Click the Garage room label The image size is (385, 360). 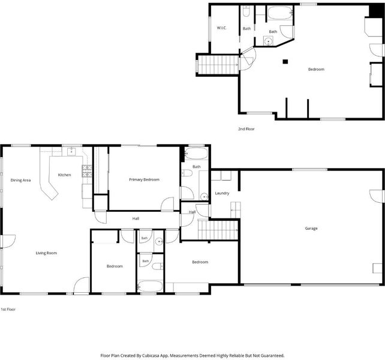[x=311, y=228]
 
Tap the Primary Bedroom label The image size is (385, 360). [x=144, y=179]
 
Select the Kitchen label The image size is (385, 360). [x=64, y=175]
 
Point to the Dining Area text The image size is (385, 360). [x=20, y=181]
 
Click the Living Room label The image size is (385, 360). [x=46, y=253]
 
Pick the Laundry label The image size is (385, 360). [x=222, y=193]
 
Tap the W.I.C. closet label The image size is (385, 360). [x=221, y=28]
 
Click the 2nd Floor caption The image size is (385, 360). [x=246, y=129]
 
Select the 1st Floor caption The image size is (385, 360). [x=8, y=310]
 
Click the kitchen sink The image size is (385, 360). [x=71, y=152]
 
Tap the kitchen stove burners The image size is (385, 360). [x=87, y=171]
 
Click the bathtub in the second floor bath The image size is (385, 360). [x=280, y=13]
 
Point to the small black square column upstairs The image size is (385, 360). [x=285, y=61]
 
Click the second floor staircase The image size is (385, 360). [x=218, y=65]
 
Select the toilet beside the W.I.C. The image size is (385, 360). [x=246, y=11]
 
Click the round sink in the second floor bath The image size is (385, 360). [x=269, y=41]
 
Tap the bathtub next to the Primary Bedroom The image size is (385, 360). [x=196, y=154]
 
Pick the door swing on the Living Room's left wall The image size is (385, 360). [x=8, y=241]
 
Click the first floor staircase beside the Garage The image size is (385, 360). [x=218, y=230]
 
